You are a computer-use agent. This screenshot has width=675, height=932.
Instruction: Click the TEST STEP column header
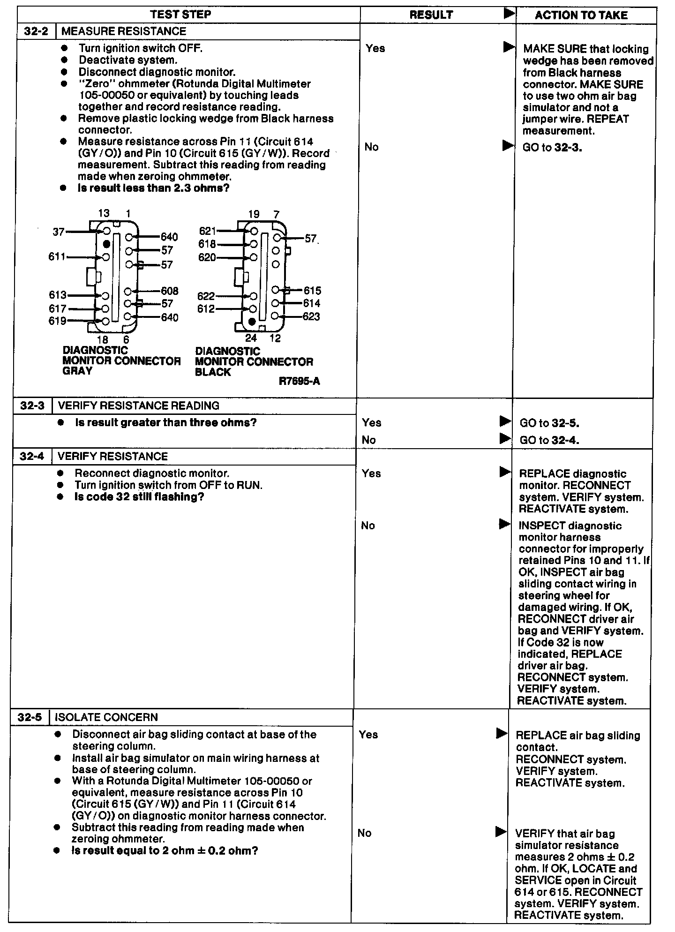(180, 14)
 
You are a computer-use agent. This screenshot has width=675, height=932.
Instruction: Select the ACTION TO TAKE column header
(581, 15)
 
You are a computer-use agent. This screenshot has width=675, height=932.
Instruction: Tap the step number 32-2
(36, 31)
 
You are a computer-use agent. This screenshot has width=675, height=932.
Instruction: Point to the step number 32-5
(30, 717)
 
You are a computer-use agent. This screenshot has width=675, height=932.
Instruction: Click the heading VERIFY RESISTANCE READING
(139, 406)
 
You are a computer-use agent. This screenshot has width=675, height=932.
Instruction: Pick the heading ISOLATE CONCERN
(106, 717)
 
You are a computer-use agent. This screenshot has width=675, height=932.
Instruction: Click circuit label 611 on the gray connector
(57, 257)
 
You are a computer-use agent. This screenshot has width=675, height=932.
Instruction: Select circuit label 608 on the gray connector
(169, 291)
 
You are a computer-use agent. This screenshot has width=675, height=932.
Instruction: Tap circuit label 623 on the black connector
(311, 316)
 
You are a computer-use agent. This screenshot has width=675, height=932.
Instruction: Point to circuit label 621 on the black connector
(208, 231)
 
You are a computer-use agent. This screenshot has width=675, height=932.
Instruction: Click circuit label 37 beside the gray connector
(59, 232)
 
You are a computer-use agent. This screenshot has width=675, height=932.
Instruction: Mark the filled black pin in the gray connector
(106, 244)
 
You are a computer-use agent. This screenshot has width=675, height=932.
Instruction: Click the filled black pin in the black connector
(252, 321)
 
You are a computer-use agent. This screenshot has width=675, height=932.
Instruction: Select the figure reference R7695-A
(299, 381)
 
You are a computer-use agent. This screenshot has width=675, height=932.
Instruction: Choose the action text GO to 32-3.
(552, 148)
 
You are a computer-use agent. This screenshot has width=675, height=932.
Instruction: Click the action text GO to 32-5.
(549, 423)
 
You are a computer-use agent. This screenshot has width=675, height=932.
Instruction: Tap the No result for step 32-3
(369, 440)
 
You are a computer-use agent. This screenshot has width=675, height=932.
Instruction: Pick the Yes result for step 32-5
(368, 735)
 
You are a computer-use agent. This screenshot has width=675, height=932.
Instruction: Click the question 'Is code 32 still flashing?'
(139, 497)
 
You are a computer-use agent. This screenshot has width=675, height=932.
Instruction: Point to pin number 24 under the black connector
(251, 338)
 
